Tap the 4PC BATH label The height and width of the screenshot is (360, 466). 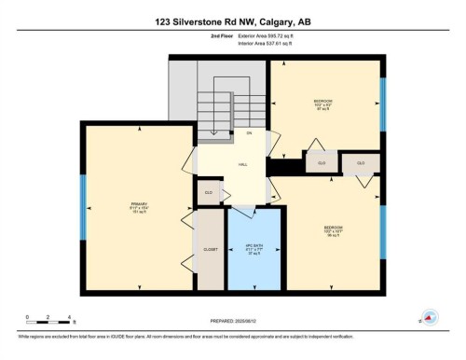click(x=254, y=248)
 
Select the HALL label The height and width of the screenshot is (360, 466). click(x=242, y=165)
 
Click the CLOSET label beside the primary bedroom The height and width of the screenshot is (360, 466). click(x=211, y=250)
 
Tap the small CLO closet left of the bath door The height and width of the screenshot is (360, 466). click(x=209, y=192)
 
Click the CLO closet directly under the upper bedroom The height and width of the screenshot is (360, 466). click(x=322, y=162)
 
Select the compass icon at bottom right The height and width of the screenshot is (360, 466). click(x=430, y=317)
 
